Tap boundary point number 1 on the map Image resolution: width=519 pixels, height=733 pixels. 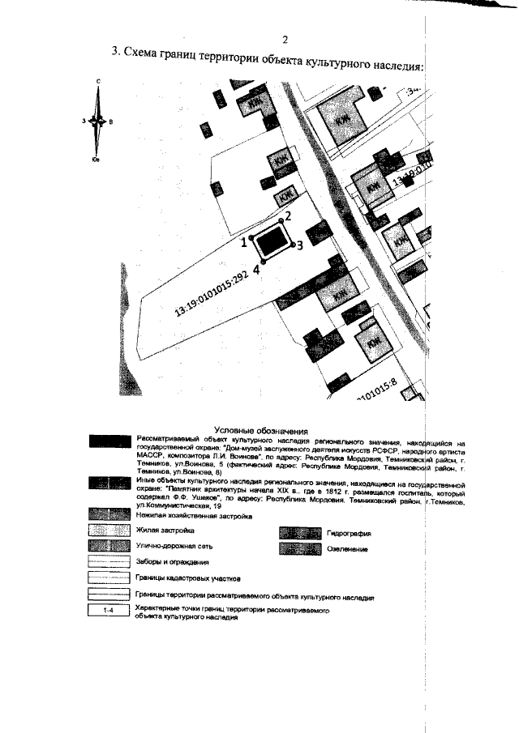click(x=243, y=241)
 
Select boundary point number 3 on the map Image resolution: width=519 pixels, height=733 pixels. click(x=299, y=245)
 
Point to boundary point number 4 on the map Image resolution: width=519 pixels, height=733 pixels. click(x=255, y=270)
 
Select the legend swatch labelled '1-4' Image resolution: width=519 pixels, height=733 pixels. click(x=108, y=612)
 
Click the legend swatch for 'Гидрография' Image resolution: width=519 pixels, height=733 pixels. click(x=301, y=534)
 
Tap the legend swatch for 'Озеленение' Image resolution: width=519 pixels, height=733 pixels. click(x=301, y=548)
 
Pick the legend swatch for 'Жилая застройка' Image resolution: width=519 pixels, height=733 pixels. click(x=108, y=531)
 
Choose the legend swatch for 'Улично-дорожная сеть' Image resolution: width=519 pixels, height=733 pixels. click(x=108, y=546)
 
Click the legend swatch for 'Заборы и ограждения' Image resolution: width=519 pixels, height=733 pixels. click(x=108, y=561)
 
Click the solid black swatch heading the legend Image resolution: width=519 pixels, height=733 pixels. click(x=108, y=441)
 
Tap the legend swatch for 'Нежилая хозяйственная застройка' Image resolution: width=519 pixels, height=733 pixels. click(x=108, y=515)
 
